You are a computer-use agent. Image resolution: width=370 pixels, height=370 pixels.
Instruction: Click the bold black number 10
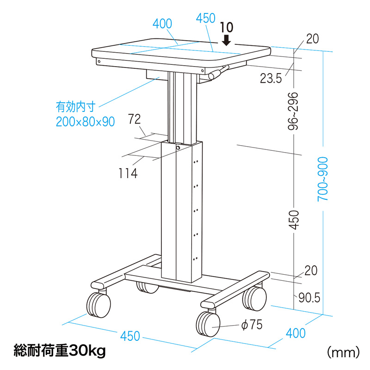click(x=227, y=28)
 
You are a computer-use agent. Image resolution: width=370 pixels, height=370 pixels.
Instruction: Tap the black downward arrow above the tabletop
click(x=227, y=40)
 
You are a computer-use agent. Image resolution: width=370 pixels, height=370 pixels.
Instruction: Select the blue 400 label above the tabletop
click(x=162, y=24)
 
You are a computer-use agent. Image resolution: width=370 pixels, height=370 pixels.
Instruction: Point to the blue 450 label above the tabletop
click(x=205, y=18)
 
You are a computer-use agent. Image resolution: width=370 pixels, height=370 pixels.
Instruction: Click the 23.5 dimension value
click(x=271, y=78)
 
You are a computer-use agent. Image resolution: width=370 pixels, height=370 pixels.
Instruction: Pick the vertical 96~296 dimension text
click(x=293, y=111)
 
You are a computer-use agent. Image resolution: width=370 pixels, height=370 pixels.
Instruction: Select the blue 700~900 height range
click(x=322, y=179)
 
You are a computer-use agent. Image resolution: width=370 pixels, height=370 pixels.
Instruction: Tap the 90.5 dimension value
click(x=309, y=297)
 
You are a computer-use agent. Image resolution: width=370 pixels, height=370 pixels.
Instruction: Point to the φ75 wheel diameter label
click(x=252, y=325)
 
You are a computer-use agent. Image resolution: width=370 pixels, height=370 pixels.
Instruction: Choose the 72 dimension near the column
click(x=134, y=119)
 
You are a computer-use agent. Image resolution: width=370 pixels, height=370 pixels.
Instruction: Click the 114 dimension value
click(x=128, y=173)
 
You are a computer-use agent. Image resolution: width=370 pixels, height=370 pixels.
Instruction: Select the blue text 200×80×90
click(x=86, y=122)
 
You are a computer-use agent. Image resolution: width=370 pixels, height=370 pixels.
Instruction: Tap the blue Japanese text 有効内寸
click(x=76, y=107)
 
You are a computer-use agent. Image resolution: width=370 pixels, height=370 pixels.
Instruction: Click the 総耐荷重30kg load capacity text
click(x=60, y=351)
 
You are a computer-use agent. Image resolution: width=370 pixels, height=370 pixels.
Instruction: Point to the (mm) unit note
click(x=343, y=352)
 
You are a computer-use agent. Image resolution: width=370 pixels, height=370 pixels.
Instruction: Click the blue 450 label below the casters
click(x=130, y=336)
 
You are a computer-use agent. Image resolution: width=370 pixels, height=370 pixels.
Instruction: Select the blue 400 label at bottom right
click(x=296, y=333)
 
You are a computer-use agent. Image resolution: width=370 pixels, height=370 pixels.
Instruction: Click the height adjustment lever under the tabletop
click(x=218, y=73)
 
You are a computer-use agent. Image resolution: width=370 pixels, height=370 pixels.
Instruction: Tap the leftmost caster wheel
click(x=99, y=305)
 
